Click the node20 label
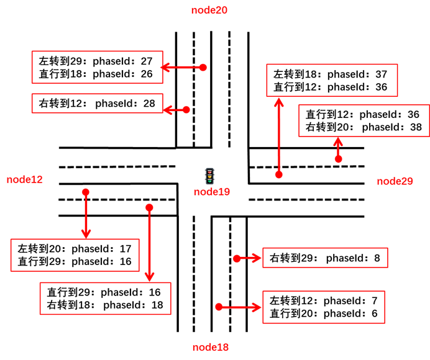[209, 10]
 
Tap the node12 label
[25, 179]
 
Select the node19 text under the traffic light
[211, 192]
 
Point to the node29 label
[395, 181]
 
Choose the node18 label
[210, 348]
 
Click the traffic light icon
[209, 176]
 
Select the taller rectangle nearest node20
[97, 67]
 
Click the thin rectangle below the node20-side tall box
[97, 103]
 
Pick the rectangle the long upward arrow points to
[332, 80]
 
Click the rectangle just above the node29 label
[364, 120]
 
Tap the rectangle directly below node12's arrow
[75, 255]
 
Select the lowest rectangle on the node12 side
[105, 299]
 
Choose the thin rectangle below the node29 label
[325, 258]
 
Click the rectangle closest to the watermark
[324, 307]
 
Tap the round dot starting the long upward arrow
[279, 175]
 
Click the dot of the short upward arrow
[338, 160]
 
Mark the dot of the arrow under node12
[86, 192]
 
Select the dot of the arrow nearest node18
[219, 307]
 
